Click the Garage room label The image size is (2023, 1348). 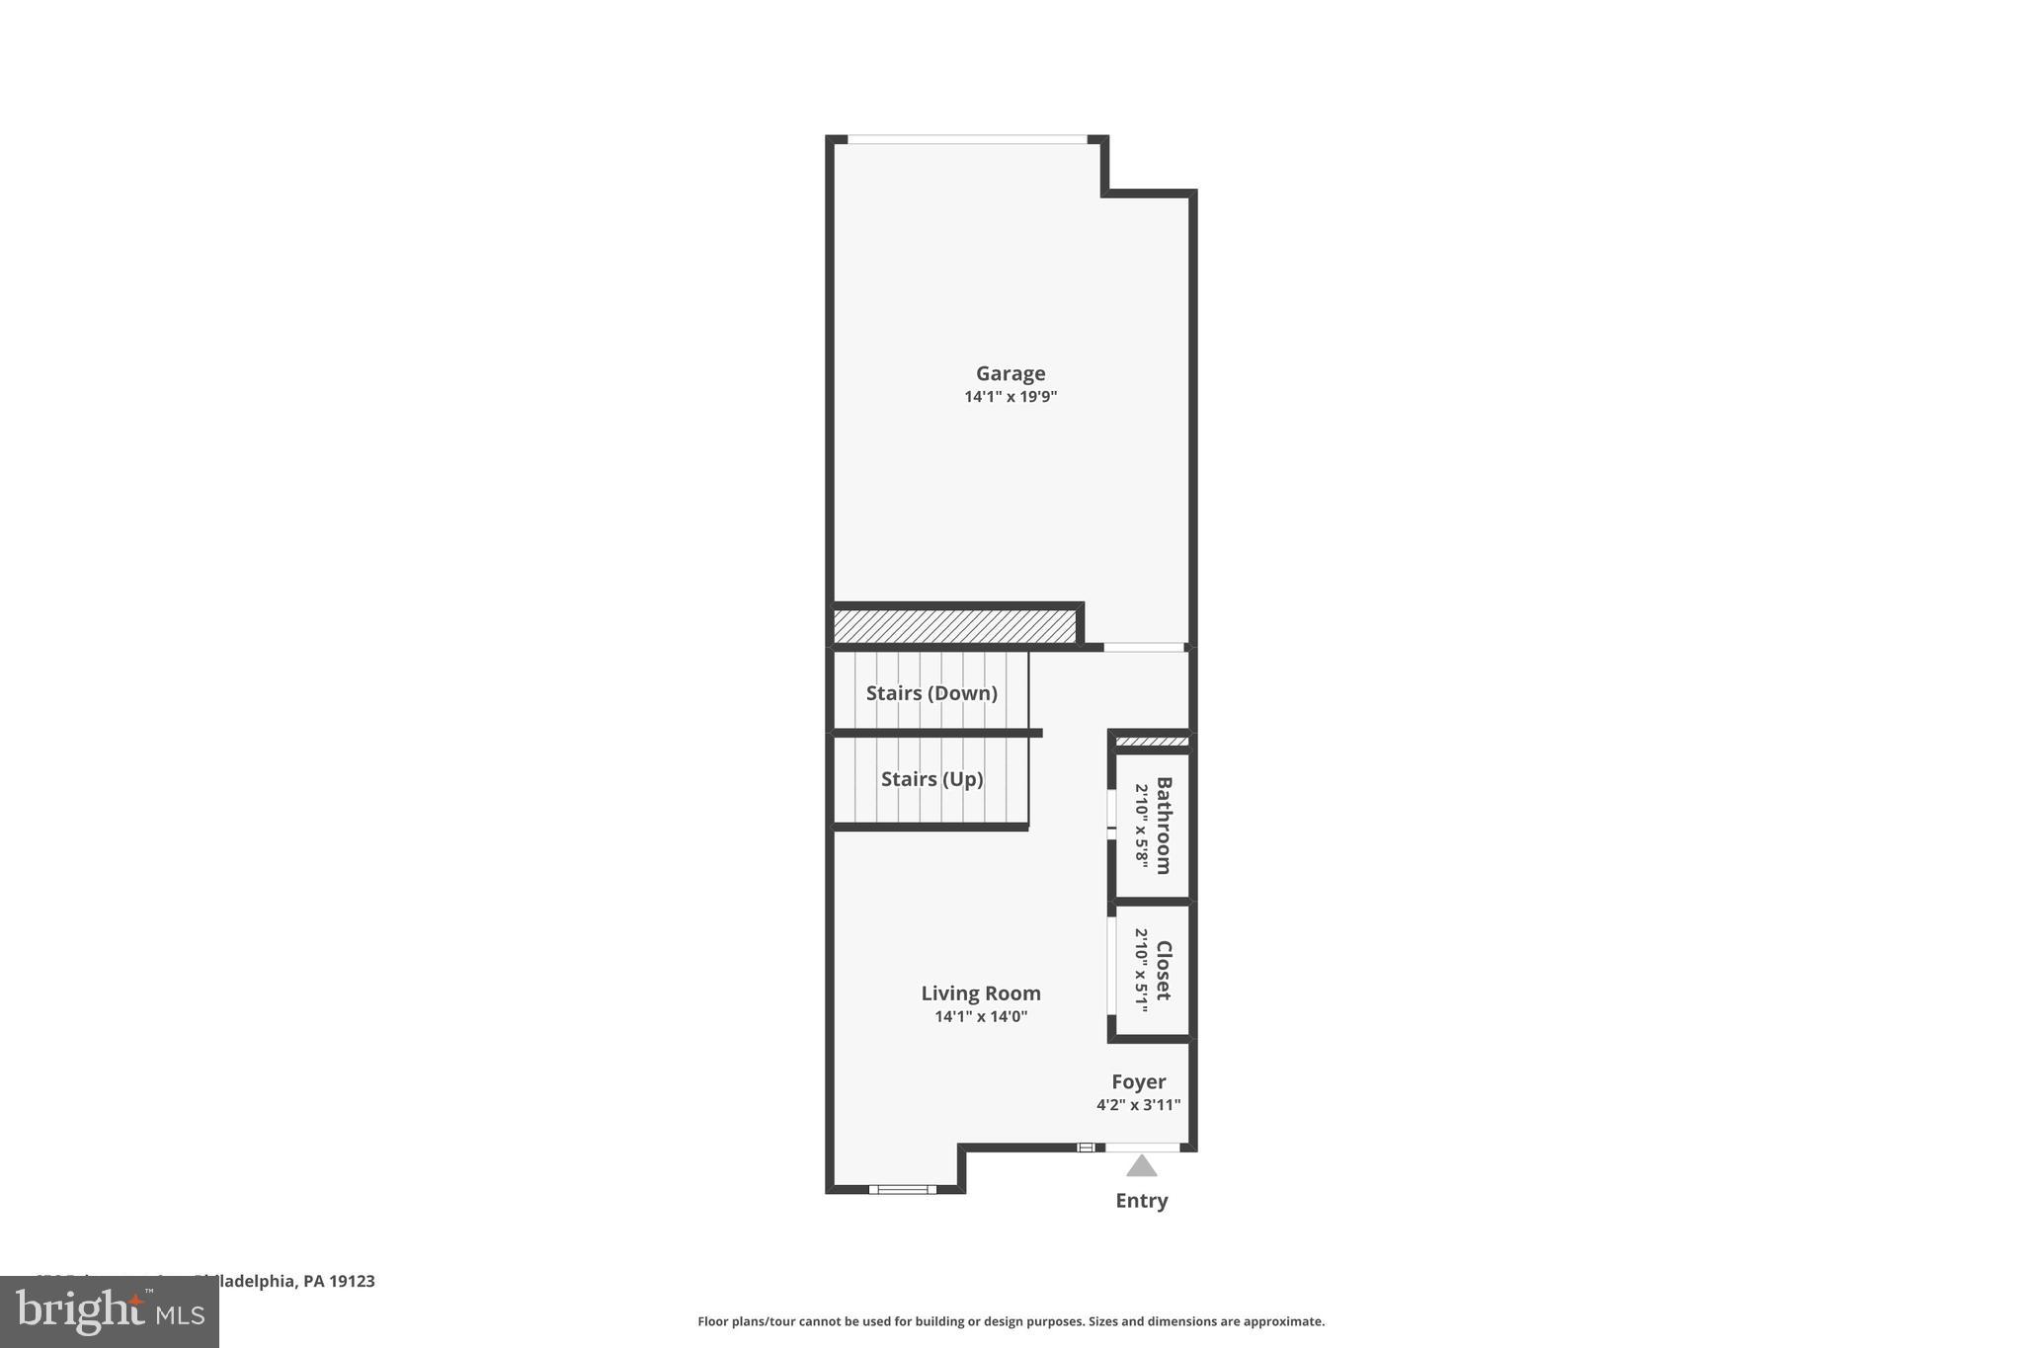1011,373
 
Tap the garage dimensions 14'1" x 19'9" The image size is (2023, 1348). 1011,397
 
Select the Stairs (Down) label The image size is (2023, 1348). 931,693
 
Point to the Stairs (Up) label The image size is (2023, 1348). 931,779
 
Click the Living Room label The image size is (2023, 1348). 981,993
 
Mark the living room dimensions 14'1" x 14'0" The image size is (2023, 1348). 981,1016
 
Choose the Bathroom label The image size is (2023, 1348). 1164,826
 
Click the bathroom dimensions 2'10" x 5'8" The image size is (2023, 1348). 1141,826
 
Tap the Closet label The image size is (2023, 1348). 1164,970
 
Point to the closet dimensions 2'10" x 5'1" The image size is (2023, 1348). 1141,970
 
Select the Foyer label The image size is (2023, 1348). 1138,1081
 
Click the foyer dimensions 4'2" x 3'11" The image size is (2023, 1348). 1138,1105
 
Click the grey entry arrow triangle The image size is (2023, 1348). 1141,1167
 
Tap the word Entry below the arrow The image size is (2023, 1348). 1141,1201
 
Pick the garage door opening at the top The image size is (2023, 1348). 967,139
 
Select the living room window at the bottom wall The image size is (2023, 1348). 902,1189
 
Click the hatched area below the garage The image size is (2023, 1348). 954,626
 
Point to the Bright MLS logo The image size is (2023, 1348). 110,1312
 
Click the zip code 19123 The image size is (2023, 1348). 353,1281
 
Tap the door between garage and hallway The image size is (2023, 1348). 1143,648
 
